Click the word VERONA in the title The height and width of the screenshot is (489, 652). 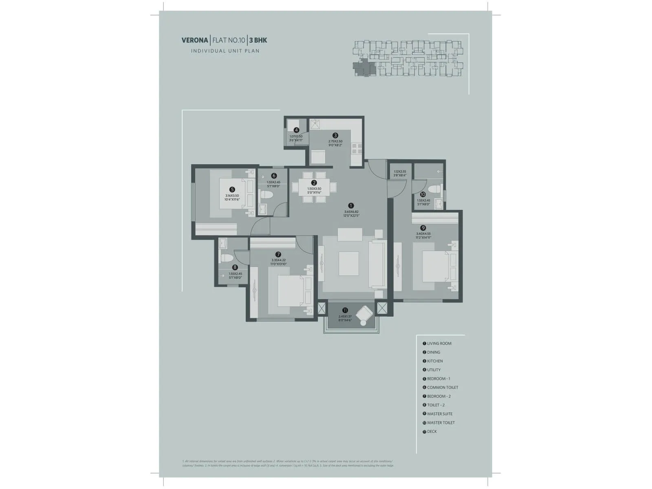pyautogui.click(x=194, y=40)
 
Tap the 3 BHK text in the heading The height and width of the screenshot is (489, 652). pyautogui.click(x=258, y=40)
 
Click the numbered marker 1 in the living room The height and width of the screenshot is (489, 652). pyautogui.click(x=351, y=206)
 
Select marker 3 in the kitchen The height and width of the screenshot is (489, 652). pyautogui.click(x=335, y=135)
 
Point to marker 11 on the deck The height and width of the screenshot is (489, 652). pyautogui.click(x=345, y=311)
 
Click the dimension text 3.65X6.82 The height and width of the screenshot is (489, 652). pyautogui.click(x=351, y=212)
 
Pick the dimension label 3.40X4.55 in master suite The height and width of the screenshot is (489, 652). pyautogui.click(x=423, y=234)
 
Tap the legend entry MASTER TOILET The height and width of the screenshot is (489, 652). pyautogui.click(x=441, y=423)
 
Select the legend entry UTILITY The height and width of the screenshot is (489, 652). pyautogui.click(x=434, y=370)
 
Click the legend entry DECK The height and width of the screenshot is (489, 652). pyautogui.click(x=432, y=432)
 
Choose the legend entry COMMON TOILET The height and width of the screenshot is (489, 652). pyautogui.click(x=442, y=388)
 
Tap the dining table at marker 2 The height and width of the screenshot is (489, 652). pyautogui.click(x=314, y=187)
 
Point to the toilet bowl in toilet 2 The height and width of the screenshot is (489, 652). pyautogui.click(x=226, y=258)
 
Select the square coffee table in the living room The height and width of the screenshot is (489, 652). pyautogui.click(x=349, y=264)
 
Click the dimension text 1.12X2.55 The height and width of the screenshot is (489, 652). pyautogui.click(x=399, y=172)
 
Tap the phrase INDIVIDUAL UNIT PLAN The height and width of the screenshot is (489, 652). pyautogui.click(x=225, y=51)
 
